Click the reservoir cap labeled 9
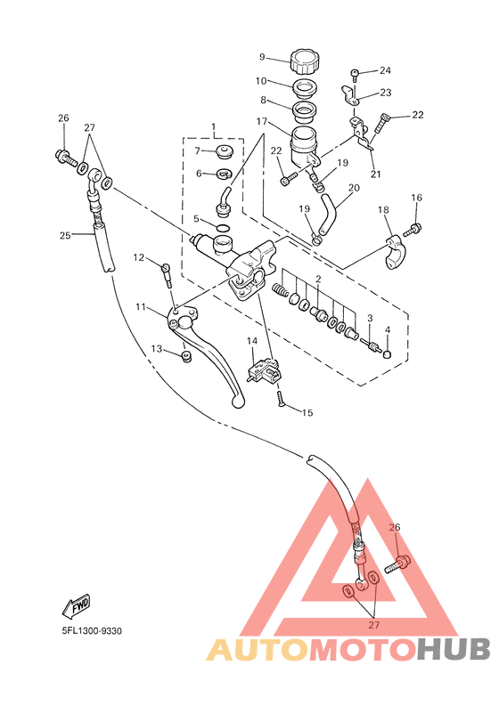tap(305, 61)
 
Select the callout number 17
tap(262, 122)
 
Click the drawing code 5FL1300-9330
tap(92, 631)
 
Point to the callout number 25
tap(65, 234)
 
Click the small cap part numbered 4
tap(387, 355)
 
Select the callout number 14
tap(252, 341)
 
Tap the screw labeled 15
tap(280, 398)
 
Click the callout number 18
tap(383, 209)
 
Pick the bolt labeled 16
tap(411, 230)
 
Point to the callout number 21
tap(375, 174)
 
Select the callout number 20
tap(355, 187)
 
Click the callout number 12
tap(138, 257)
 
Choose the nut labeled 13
tap(185, 357)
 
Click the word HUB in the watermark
tap(453, 649)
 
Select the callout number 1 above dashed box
tap(213, 126)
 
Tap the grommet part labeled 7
tap(224, 152)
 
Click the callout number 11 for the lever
tap(141, 307)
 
